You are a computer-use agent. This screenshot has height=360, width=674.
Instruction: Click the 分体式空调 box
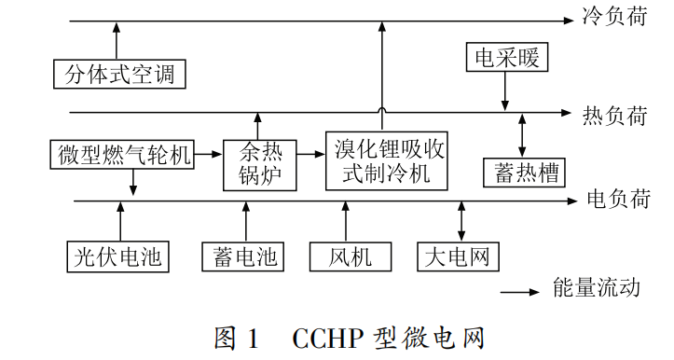(119, 73)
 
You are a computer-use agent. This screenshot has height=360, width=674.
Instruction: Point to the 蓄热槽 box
(524, 172)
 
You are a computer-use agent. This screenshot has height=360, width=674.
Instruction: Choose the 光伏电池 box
(119, 255)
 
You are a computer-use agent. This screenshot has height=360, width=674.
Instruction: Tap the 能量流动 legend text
(596, 288)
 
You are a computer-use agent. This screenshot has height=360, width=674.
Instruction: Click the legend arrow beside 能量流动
(521, 291)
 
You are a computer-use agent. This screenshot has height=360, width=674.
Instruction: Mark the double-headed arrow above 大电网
(461, 220)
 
